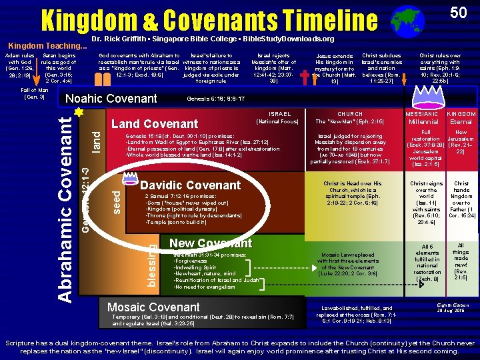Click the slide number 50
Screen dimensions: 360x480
point(457,13)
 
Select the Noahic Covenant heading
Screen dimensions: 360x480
point(111,99)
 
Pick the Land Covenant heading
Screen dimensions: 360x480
point(155,123)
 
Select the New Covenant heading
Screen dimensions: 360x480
point(211,243)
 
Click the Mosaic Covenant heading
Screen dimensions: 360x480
point(153,307)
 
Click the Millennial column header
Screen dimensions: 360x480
point(423,122)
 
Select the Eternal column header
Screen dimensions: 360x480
point(461,122)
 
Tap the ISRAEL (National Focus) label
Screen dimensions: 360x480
point(277,118)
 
